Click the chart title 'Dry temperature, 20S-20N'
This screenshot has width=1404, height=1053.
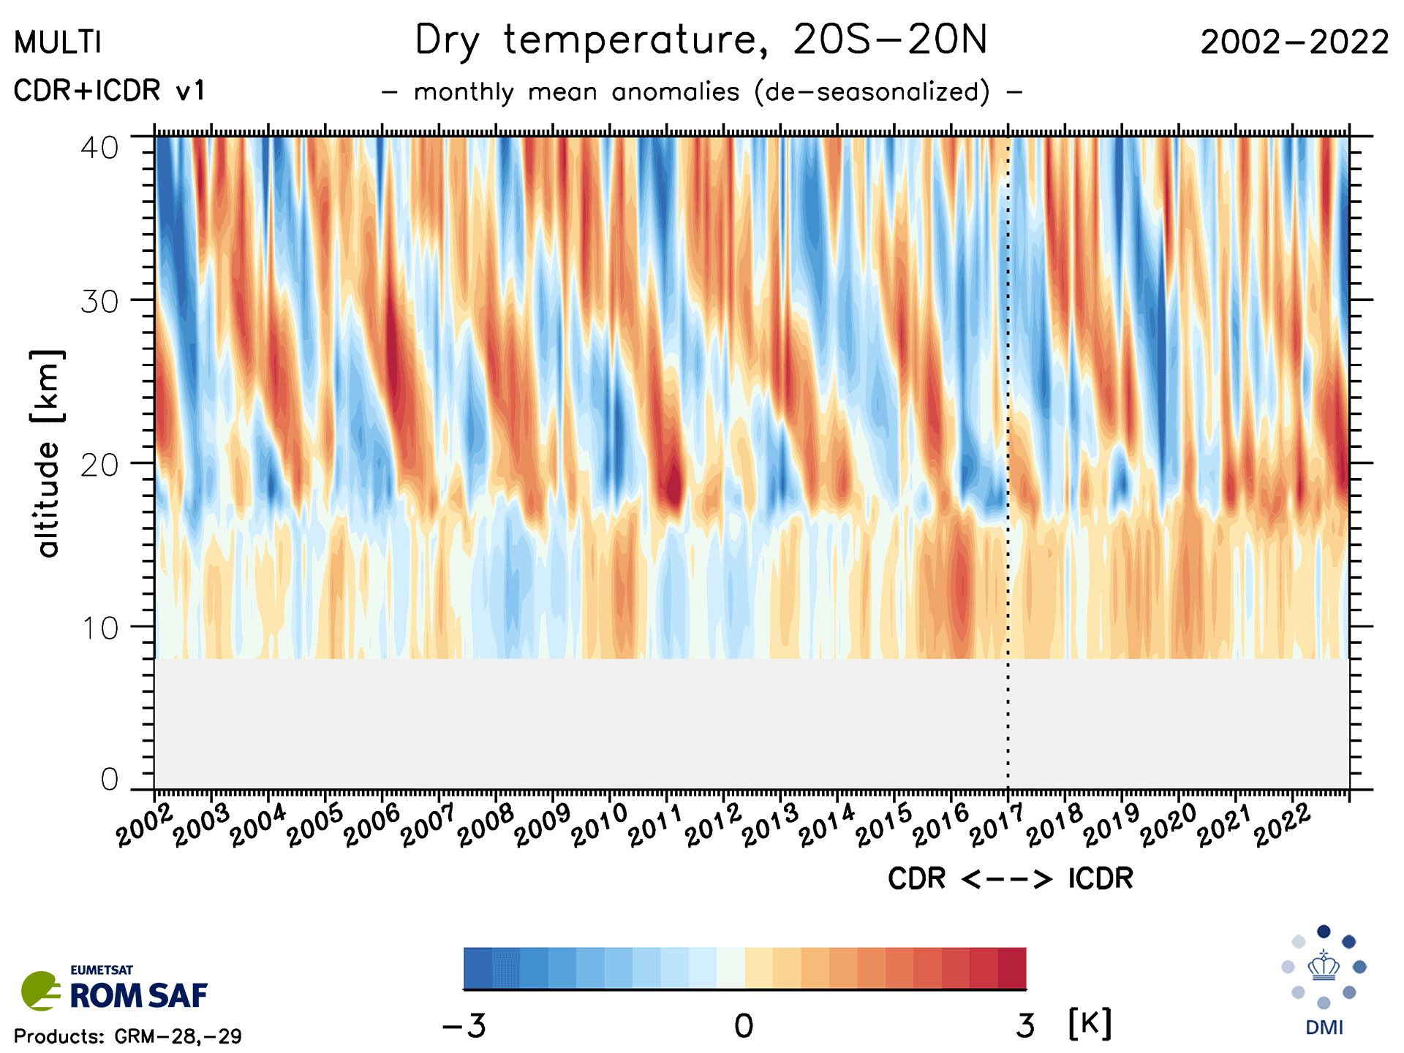tap(701, 41)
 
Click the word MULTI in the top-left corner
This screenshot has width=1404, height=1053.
tap(57, 43)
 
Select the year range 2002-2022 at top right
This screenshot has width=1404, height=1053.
tap(1294, 42)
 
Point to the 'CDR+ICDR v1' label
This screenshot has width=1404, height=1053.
tap(109, 91)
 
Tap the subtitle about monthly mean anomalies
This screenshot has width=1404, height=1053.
tap(701, 93)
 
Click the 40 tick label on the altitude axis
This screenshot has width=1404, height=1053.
tap(99, 148)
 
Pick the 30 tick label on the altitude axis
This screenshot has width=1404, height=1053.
tap(99, 301)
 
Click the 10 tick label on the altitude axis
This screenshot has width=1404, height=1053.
tap(99, 628)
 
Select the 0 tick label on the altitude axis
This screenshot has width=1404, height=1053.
tap(110, 780)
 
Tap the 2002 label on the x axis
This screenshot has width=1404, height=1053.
tap(144, 826)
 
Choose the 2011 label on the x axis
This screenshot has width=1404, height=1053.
tap(656, 826)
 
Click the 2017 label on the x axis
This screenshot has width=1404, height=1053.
tap(997, 826)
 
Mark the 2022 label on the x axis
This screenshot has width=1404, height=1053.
tap(1282, 826)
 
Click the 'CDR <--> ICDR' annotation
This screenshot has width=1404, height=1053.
tap(1010, 878)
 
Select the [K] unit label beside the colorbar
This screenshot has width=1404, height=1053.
tap(1090, 1024)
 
